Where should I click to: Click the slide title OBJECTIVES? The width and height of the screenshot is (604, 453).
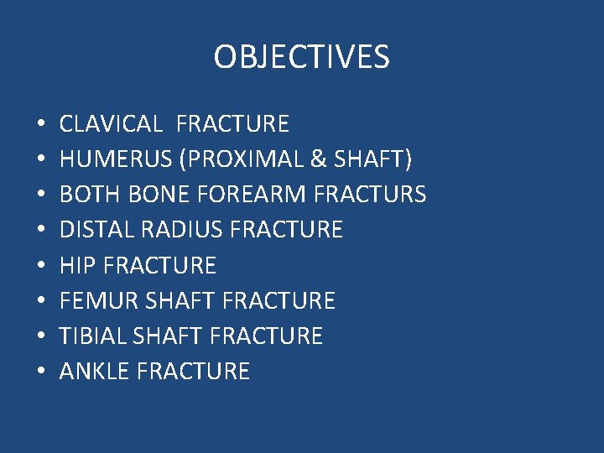301,58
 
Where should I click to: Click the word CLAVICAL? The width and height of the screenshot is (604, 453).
111,124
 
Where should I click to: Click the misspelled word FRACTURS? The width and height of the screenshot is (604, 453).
369,195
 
